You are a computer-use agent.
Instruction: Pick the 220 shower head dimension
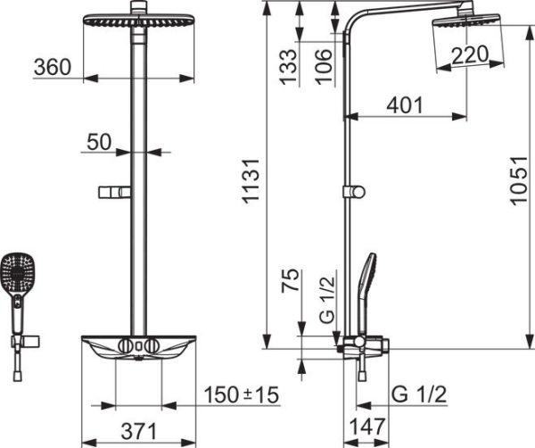[x=470, y=54]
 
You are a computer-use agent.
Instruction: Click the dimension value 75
[x=288, y=282]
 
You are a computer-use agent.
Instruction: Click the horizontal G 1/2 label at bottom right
[x=418, y=394]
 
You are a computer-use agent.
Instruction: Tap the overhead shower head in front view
[x=138, y=21]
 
